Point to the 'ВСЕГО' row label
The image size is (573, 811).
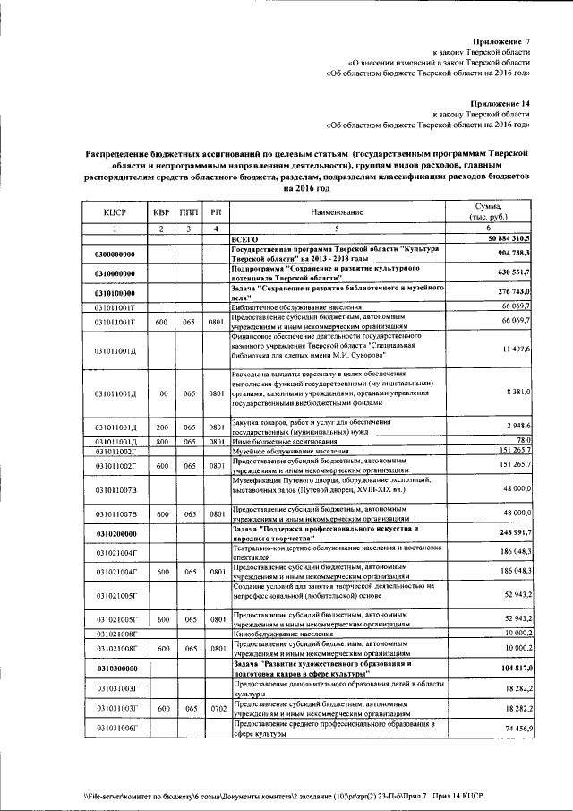(244, 240)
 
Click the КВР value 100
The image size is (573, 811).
(161, 393)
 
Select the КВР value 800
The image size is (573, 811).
(161, 442)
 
